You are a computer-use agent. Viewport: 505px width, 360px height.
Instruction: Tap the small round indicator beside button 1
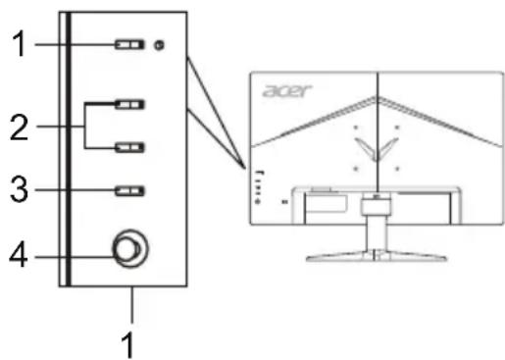pos(159,44)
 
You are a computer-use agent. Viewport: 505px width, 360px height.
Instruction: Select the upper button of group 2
pos(129,102)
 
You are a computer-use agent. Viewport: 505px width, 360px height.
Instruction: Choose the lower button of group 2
pos(129,147)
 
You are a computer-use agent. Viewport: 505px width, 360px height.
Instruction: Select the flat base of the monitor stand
pos(376,257)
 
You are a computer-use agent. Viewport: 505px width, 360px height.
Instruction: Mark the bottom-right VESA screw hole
pos(396,167)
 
